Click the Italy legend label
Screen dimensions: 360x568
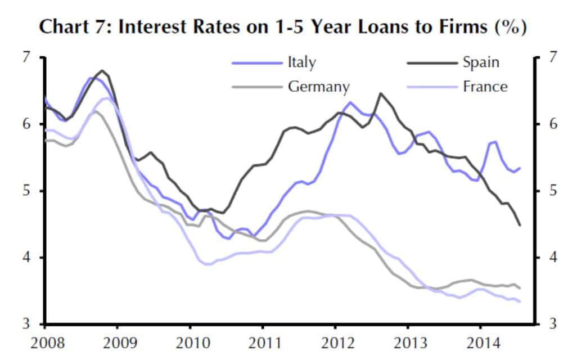coord(301,62)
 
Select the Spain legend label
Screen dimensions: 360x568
coord(481,62)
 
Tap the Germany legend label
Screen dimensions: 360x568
coord(319,87)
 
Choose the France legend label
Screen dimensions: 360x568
coord(485,87)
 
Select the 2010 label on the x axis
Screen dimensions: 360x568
coord(190,343)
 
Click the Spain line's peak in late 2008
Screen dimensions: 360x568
coord(102,71)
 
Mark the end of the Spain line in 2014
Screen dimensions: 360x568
coord(520,225)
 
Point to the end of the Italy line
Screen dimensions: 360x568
coord(520,168)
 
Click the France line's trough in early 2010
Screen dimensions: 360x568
coord(206,264)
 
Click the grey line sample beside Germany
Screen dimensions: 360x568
coord(256,87)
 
